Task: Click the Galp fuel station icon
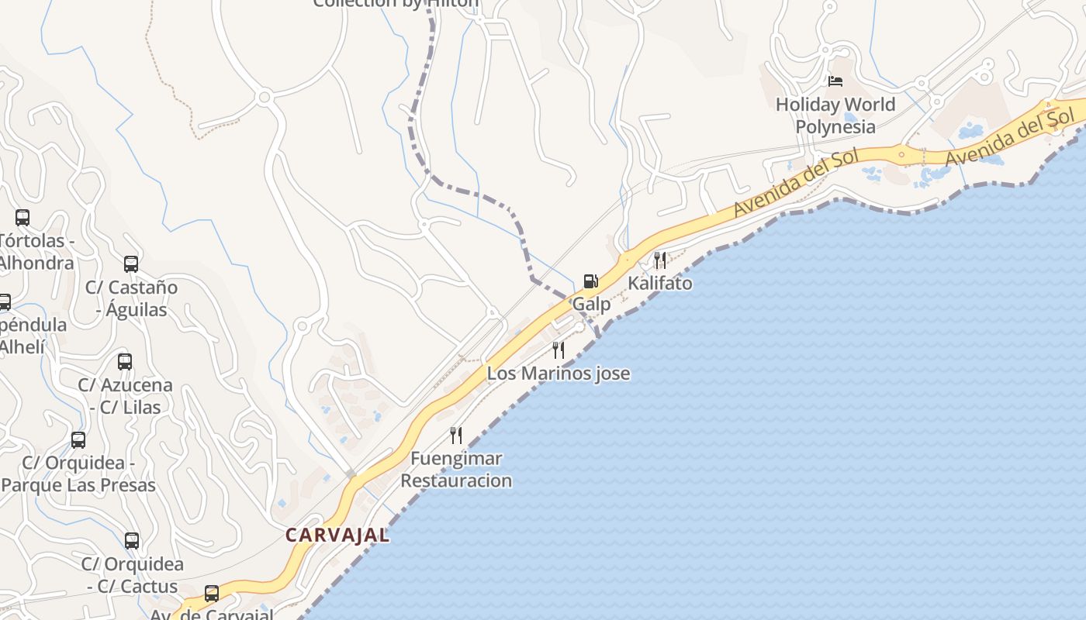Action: point(590,281)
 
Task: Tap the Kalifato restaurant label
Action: point(659,284)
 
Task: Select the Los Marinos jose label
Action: point(558,374)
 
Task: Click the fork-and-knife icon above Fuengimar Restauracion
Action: point(456,435)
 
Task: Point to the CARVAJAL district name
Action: point(337,535)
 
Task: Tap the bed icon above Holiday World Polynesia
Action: point(835,81)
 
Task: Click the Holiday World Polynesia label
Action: point(835,115)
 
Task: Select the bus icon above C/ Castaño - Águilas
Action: point(131,264)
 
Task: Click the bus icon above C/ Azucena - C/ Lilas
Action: point(125,361)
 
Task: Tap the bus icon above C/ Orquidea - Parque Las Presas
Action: point(78,440)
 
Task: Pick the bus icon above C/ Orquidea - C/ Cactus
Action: point(132,541)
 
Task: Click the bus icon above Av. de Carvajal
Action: point(211,594)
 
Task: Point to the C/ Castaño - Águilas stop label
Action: point(131,298)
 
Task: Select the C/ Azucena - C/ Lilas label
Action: point(125,396)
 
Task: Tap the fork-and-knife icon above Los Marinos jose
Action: point(558,350)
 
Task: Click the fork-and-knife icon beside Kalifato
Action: point(659,260)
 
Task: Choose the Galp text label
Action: point(591,305)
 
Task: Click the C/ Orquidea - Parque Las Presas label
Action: point(78,474)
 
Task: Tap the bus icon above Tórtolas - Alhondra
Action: point(22,218)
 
